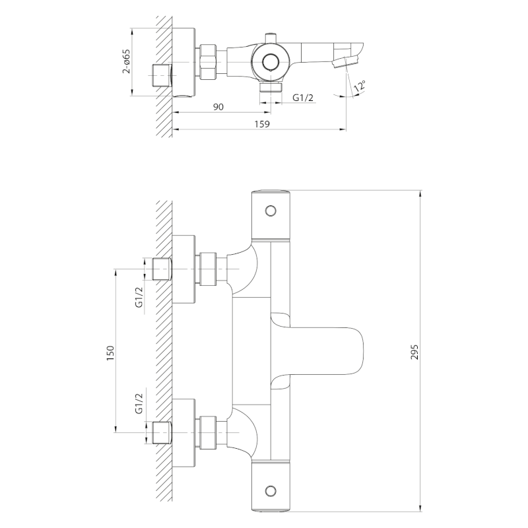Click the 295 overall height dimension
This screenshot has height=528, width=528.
click(414, 350)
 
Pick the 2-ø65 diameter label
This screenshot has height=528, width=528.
click(125, 62)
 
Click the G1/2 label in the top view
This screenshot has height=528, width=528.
click(303, 98)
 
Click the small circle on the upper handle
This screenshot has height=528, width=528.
click(269, 211)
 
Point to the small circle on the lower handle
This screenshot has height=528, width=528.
click(269, 490)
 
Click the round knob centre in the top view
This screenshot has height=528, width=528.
click(269, 62)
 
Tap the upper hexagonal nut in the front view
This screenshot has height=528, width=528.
click(209, 269)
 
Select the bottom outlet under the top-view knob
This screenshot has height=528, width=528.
click(269, 86)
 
